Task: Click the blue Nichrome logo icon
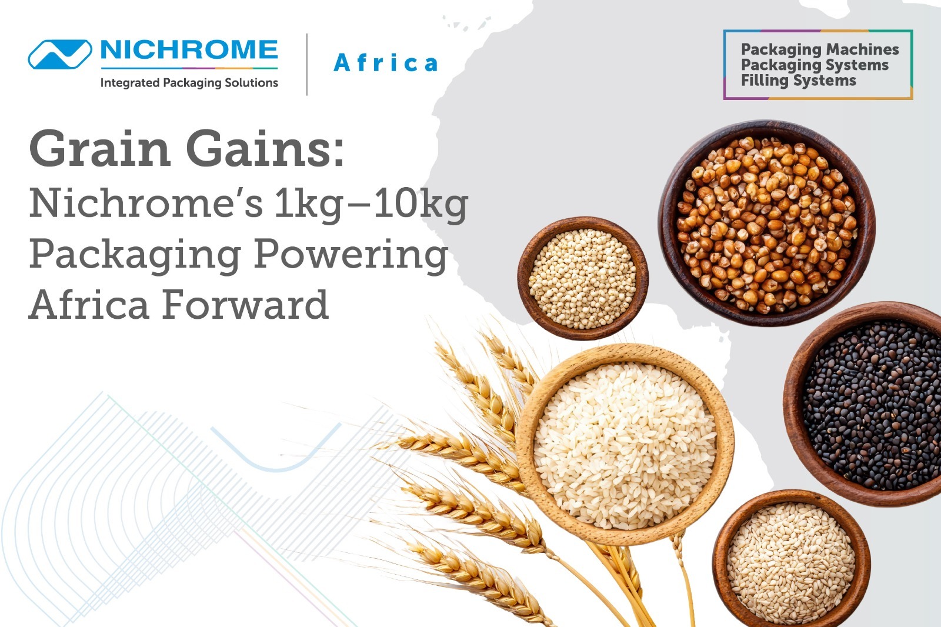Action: pyautogui.click(x=60, y=54)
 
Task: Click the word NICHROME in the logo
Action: pyautogui.click(x=189, y=50)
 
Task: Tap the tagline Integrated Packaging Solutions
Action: pyautogui.click(x=189, y=83)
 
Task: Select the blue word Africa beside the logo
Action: pyautogui.click(x=386, y=63)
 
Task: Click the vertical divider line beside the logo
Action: pyautogui.click(x=307, y=64)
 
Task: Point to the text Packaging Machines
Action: pyautogui.click(x=820, y=50)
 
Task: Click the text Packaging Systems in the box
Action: pyautogui.click(x=815, y=65)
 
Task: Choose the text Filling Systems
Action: pyautogui.click(x=798, y=81)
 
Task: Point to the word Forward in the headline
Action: pyautogui.click(x=245, y=304)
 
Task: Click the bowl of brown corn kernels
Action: pyautogui.click(x=767, y=223)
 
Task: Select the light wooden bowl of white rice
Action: pyautogui.click(x=626, y=444)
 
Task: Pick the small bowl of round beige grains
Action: pyautogui.click(x=583, y=278)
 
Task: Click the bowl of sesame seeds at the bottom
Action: pyautogui.click(x=791, y=558)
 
